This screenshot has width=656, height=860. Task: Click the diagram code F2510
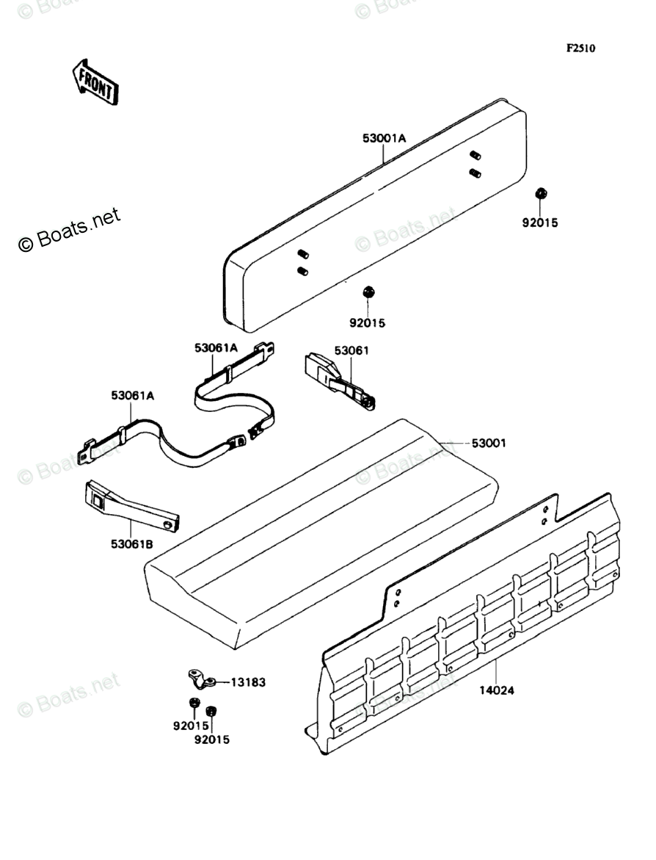point(580,48)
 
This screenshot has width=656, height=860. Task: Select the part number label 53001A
point(384,138)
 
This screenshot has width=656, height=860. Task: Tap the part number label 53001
point(489,444)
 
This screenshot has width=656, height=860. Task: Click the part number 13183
point(248,682)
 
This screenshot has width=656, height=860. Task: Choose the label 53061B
point(133,544)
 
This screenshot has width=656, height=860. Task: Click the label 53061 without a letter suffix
point(351,351)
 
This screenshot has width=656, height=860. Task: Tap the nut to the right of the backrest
point(541,193)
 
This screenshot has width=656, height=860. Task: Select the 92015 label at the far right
point(540,223)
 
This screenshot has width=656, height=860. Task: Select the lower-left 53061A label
point(133,396)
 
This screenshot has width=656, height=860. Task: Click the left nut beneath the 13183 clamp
point(192,704)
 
